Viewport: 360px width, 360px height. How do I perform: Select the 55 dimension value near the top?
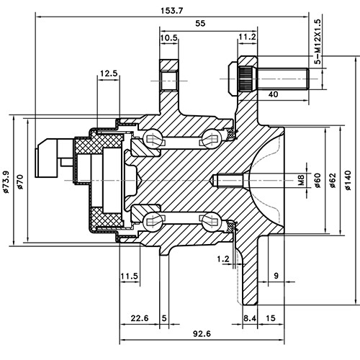click(x=200, y=23)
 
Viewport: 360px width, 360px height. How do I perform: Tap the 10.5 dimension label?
click(x=169, y=37)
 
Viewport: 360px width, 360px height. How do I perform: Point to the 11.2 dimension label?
click(x=247, y=37)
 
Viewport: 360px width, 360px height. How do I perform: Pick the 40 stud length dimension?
click(x=273, y=94)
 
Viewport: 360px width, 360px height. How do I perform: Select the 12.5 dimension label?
click(x=109, y=73)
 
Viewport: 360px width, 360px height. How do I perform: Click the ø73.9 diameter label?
click(x=6, y=180)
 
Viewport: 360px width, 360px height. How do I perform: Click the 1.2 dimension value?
click(x=222, y=258)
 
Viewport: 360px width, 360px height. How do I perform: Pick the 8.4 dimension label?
click(x=250, y=318)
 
